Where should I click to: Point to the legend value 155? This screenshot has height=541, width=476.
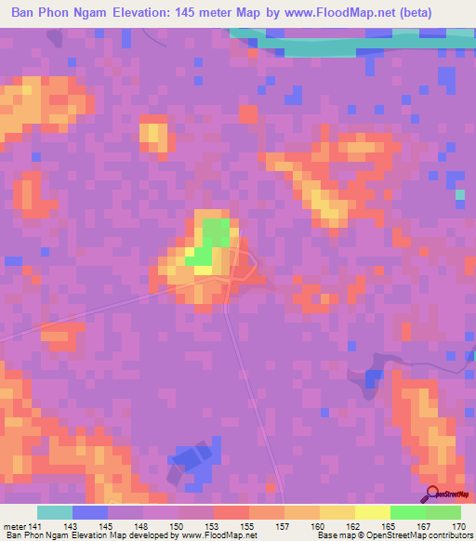coord(248,527)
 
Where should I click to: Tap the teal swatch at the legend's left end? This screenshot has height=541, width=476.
coord(54,513)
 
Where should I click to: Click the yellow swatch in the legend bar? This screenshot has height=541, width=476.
coord(373,513)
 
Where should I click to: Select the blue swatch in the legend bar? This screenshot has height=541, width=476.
coord(89,513)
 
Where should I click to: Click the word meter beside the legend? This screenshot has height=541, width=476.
coord(14,527)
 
